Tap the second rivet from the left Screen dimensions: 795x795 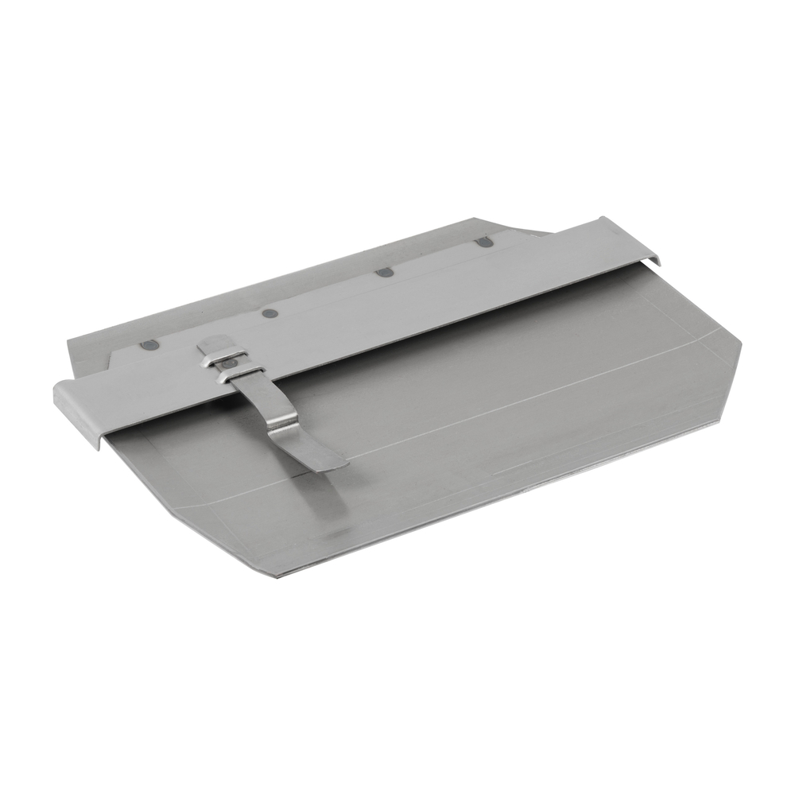click(270, 312)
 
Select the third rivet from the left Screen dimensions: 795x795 click(385, 272)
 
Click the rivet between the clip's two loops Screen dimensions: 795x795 click(229, 363)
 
